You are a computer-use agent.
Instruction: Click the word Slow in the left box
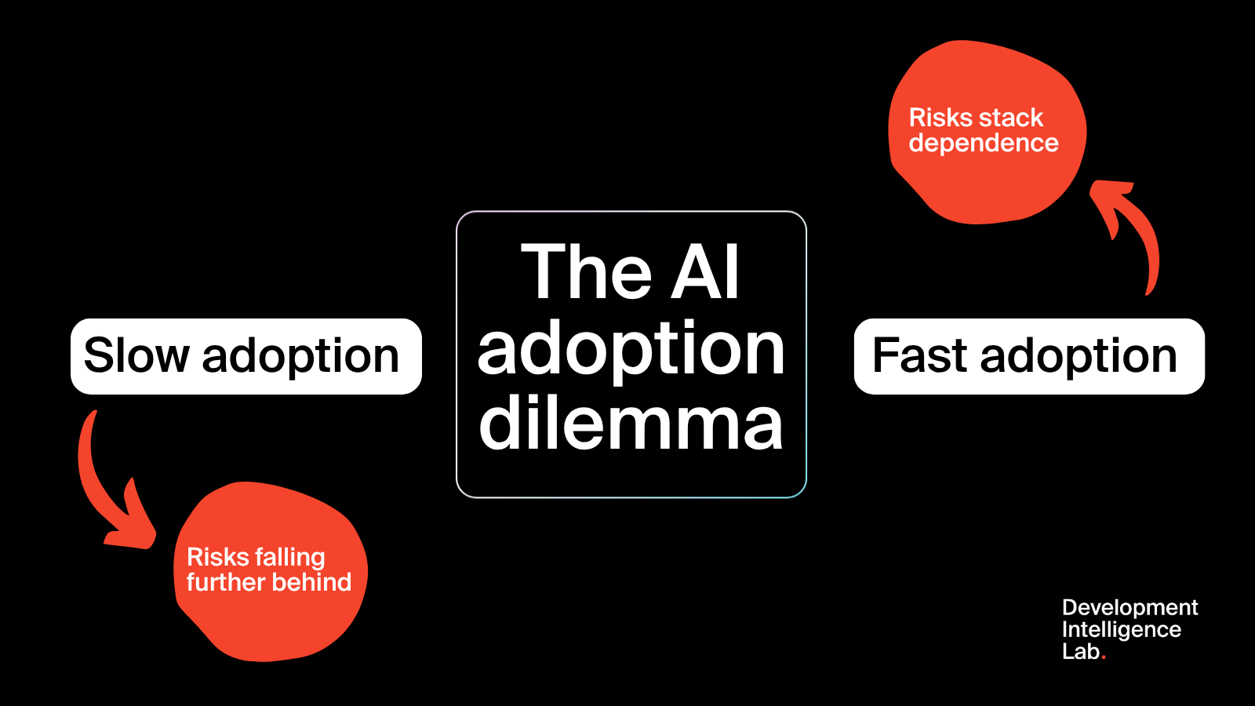(x=136, y=356)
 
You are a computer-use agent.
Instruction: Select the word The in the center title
(x=586, y=272)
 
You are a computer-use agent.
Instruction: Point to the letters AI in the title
(x=705, y=272)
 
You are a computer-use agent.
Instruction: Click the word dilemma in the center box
(x=631, y=424)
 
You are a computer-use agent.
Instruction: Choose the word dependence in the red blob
(x=984, y=144)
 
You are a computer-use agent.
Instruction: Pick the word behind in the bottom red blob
(x=317, y=582)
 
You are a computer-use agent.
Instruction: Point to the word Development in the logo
(x=1129, y=608)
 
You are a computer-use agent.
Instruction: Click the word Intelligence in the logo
(x=1121, y=630)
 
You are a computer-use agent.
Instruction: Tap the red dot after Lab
(x=1104, y=657)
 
